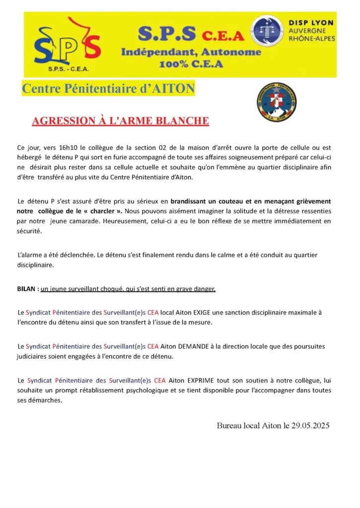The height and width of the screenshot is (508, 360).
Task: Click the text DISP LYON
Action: (x=311, y=23)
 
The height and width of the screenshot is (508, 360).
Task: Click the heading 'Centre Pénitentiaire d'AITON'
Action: (x=108, y=89)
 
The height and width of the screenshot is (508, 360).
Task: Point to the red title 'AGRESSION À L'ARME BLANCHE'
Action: (x=120, y=121)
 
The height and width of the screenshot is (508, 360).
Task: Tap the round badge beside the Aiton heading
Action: (x=277, y=102)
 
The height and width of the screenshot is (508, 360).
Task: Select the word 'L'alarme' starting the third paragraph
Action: (x=31, y=255)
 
